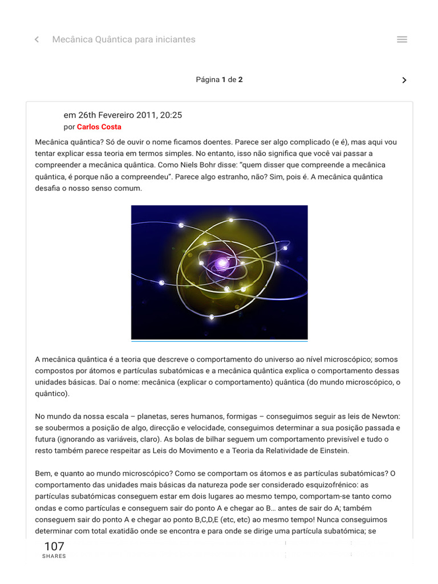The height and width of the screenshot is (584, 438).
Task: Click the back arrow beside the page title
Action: (37, 39)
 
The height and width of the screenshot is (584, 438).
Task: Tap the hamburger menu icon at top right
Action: (401, 39)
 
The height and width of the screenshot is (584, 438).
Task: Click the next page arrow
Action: (404, 80)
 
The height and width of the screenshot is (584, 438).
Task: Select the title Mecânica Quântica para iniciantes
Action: (124, 39)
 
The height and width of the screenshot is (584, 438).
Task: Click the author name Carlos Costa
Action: (99, 127)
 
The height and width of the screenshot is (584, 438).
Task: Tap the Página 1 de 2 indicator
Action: (219, 80)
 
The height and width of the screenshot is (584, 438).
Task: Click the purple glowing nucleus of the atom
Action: (221, 262)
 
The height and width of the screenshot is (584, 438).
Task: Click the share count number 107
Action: (54, 546)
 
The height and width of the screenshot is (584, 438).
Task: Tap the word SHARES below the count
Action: (54, 557)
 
